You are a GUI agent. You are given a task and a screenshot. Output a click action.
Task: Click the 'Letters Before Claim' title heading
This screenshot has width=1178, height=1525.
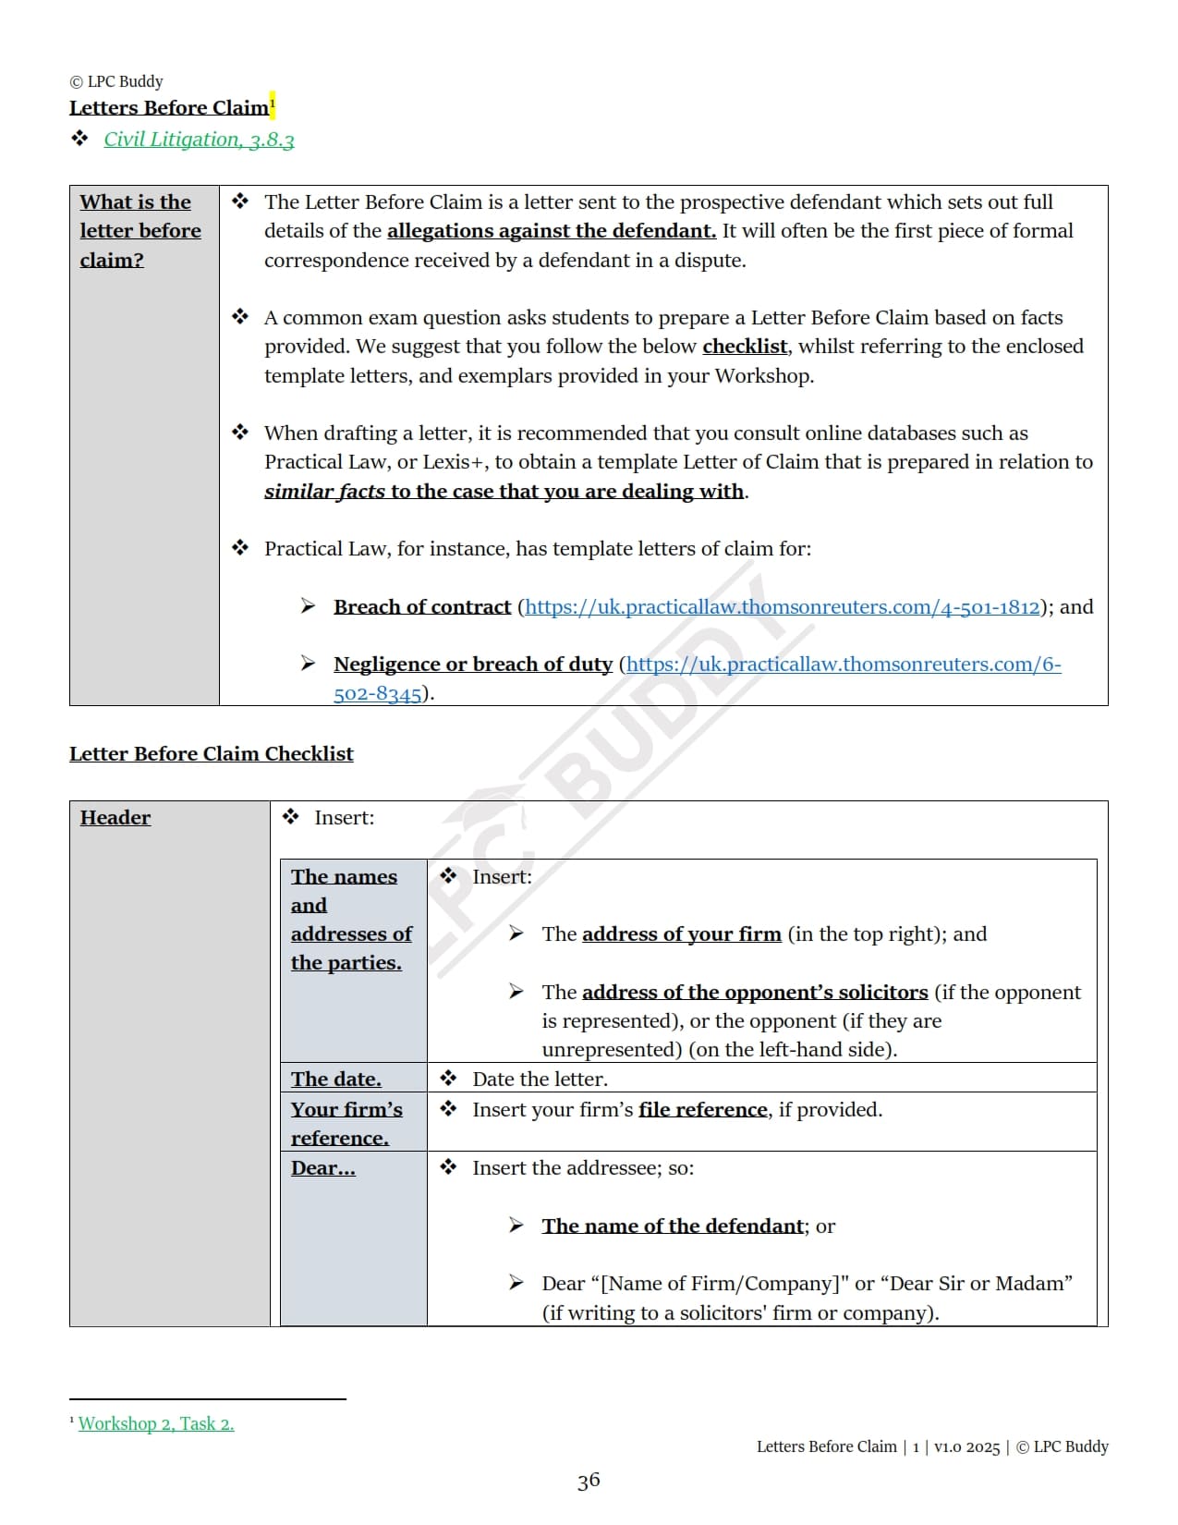(169, 108)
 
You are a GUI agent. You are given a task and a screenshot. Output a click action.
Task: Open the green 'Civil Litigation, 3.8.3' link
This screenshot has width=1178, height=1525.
(199, 140)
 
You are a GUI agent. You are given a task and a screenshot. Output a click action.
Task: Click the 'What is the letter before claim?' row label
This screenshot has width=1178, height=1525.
(140, 231)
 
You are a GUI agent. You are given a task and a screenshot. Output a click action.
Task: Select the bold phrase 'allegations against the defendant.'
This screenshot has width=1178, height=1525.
(552, 231)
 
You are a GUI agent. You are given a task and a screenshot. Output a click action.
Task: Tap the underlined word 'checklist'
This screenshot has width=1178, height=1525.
(745, 347)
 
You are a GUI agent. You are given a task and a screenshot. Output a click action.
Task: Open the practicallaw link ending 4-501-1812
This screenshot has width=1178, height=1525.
(782, 607)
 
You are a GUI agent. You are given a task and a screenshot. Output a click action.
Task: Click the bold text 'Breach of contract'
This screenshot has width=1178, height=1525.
(422, 607)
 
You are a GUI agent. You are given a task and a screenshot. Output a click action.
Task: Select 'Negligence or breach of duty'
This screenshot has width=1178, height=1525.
(473, 665)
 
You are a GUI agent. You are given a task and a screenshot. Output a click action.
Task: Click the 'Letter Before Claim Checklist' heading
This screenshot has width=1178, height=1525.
(212, 754)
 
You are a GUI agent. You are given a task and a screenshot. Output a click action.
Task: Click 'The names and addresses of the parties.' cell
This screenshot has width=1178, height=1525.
(350, 920)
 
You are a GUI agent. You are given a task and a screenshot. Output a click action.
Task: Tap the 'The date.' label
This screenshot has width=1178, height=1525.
(335, 1080)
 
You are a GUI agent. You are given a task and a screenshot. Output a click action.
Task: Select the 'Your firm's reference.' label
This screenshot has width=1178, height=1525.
(346, 1123)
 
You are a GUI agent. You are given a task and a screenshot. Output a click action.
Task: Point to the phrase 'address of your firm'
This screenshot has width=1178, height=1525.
(682, 934)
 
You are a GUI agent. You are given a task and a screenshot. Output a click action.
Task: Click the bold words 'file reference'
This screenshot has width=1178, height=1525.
(703, 1110)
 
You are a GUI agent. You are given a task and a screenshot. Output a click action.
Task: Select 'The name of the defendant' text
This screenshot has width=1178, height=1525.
(673, 1226)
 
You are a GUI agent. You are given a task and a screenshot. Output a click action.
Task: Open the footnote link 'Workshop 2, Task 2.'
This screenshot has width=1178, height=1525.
(156, 1424)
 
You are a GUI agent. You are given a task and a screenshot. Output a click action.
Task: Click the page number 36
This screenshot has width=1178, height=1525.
(589, 1482)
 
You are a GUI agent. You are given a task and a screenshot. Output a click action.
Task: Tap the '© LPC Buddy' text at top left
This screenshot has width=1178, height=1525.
(116, 81)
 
